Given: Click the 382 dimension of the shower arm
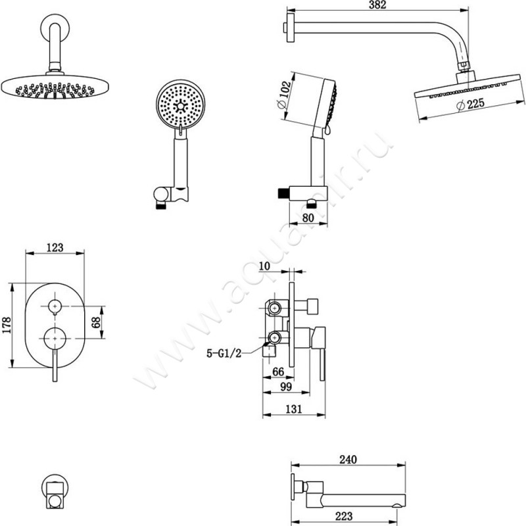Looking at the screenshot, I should point(376,6).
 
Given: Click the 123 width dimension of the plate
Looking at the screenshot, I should point(55,247).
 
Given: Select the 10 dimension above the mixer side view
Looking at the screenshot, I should point(266,266).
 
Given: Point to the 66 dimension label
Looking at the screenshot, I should point(278,372).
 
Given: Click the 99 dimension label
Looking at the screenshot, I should point(285,389).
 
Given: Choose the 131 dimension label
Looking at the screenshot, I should point(293,409).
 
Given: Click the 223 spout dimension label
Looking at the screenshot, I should point(344,516).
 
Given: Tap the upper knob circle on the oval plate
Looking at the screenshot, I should point(55,306).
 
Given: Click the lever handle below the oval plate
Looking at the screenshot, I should point(55,365).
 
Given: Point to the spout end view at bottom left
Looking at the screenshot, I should point(55,490).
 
